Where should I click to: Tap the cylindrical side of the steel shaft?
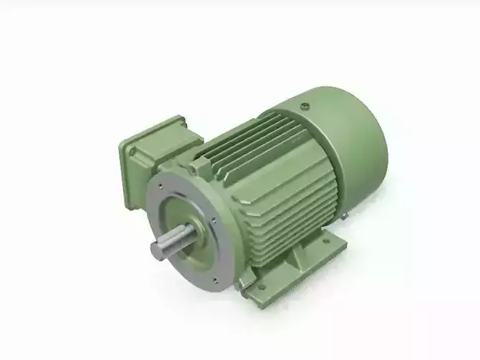[x=177, y=240]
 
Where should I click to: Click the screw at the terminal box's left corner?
[x=132, y=150]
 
